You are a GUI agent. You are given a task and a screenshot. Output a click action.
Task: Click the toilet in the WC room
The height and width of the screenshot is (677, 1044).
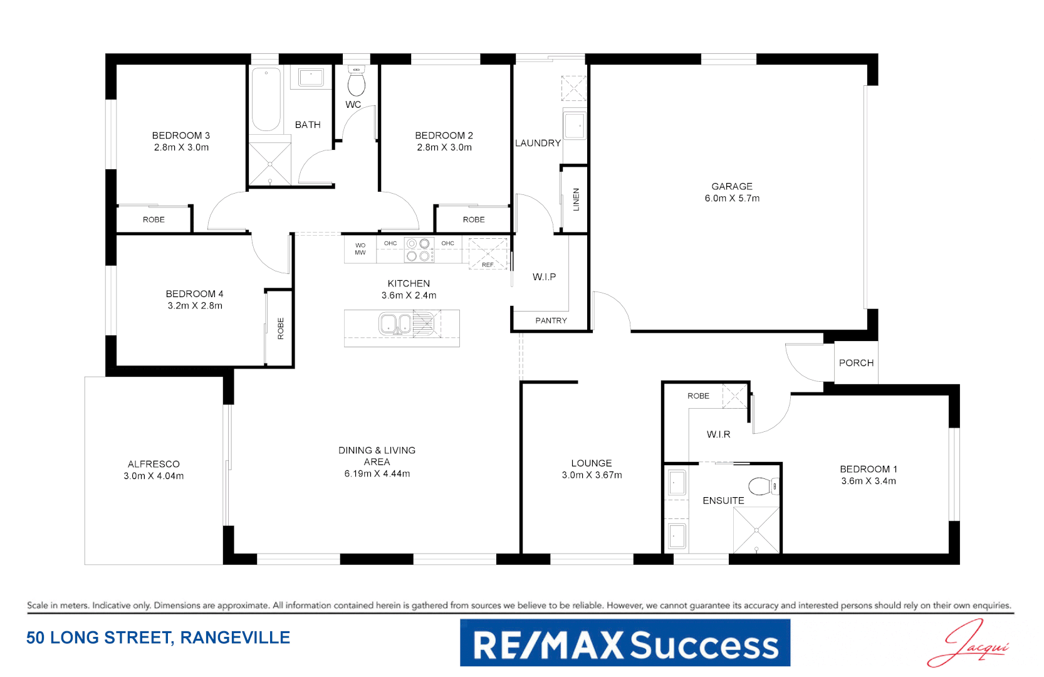tap(357, 83)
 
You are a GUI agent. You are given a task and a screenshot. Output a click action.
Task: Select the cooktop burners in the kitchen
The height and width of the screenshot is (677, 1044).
tap(419, 249)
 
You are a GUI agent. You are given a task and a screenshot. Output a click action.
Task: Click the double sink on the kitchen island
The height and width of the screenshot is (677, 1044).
tap(395, 324)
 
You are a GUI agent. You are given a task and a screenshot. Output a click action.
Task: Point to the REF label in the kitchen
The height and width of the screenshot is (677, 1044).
tap(488, 265)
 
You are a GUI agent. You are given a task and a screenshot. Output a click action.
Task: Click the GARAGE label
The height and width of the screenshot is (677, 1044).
tap(732, 186)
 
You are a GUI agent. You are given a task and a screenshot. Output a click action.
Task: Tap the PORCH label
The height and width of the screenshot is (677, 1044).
tap(856, 363)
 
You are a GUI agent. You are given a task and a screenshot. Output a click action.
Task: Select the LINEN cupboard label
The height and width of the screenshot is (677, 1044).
tap(576, 199)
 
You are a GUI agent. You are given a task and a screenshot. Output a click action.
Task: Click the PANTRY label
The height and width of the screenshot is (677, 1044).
tap(551, 320)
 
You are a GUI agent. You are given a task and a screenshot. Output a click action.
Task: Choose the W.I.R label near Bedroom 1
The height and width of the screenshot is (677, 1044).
tap(718, 434)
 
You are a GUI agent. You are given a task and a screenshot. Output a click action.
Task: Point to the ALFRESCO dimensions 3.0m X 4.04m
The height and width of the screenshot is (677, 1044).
tap(154, 476)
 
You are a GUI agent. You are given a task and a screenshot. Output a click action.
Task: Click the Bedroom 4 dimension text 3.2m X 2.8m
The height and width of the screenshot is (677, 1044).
tap(195, 306)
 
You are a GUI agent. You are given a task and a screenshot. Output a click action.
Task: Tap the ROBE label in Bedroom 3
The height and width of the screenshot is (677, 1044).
tap(154, 219)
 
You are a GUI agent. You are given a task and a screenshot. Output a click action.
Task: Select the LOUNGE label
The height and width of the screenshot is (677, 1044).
tap(592, 463)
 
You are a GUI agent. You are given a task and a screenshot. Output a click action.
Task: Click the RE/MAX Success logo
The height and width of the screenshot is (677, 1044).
tap(625, 643)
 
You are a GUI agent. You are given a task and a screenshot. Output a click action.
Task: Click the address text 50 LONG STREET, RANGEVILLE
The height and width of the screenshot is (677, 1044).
tap(158, 638)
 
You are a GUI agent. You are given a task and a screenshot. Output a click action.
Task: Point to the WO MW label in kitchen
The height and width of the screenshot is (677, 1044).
tap(360, 249)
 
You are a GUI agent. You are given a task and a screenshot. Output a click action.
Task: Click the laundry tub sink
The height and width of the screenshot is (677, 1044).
tap(574, 126)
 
